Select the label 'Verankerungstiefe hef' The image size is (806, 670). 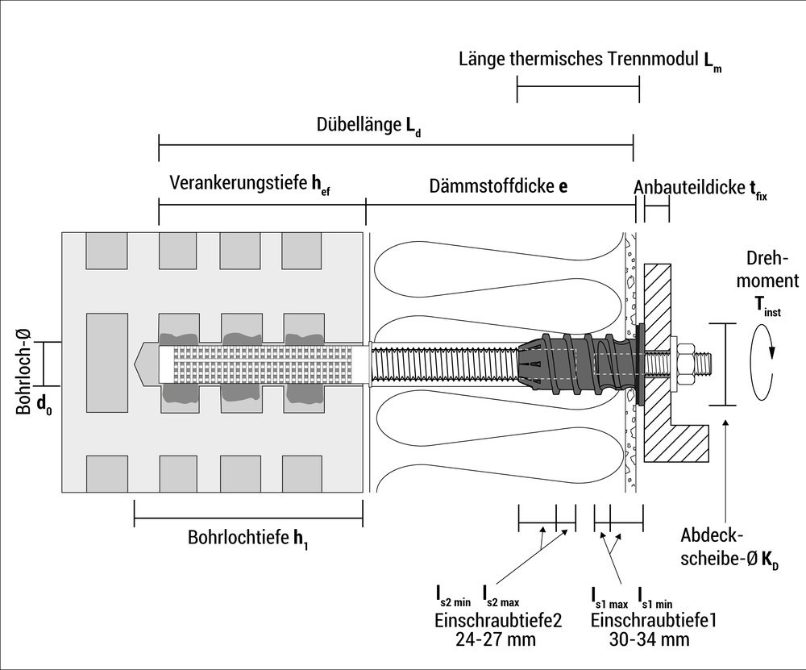tap(250, 185)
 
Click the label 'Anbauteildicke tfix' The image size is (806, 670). tap(700, 187)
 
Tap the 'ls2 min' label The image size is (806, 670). tap(453, 597)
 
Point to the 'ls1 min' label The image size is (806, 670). tap(655, 597)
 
